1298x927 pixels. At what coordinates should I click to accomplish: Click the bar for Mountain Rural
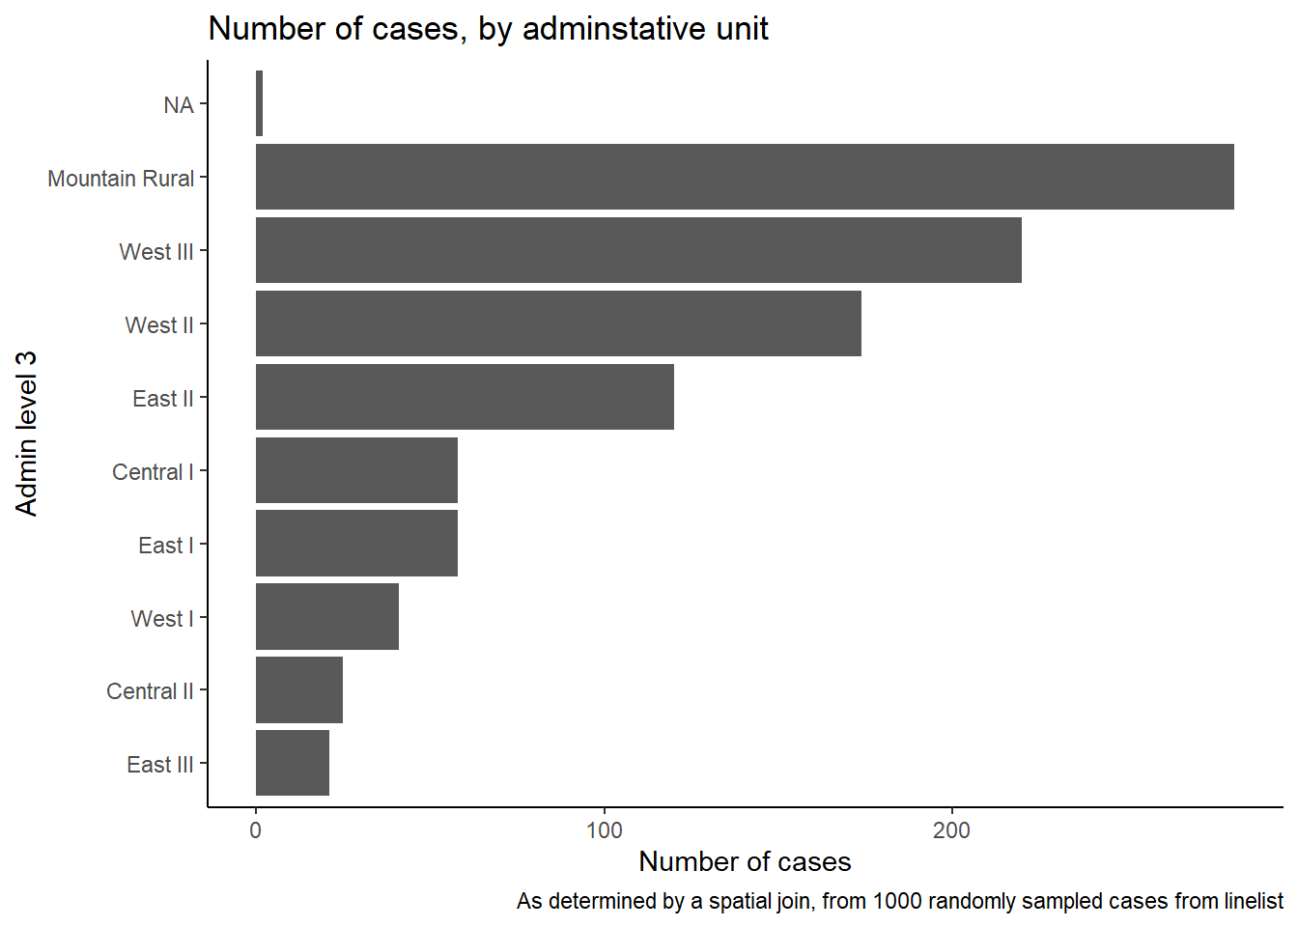click(x=745, y=177)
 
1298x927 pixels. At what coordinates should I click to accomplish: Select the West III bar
click(x=638, y=250)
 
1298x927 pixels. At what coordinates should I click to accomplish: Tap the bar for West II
click(x=558, y=323)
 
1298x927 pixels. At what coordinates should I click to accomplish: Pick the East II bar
click(x=465, y=397)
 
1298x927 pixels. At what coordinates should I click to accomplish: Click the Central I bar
click(x=357, y=470)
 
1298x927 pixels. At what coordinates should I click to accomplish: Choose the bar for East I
click(x=357, y=544)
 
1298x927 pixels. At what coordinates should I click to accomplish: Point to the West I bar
click(x=327, y=616)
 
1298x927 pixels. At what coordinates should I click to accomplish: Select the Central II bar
click(x=299, y=690)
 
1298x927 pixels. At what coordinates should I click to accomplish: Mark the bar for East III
click(x=293, y=763)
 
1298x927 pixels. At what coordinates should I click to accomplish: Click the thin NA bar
click(x=259, y=103)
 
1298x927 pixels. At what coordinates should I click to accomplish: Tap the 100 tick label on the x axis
click(x=604, y=830)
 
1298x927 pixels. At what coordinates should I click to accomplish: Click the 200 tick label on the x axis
click(x=951, y=830)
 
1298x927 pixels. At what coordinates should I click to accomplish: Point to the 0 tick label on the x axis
click(x=256, y=830)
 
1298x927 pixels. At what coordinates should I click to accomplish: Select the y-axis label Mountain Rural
click(x=121, y=179)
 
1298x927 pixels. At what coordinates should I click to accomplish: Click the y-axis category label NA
click(x=179, y=105)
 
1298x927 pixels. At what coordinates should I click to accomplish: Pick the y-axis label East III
click(x=160, y=765)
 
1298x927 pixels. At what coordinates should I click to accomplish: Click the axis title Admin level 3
click(x=26, y=434)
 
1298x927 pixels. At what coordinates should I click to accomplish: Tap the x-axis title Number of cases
click(x=745, y=861)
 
